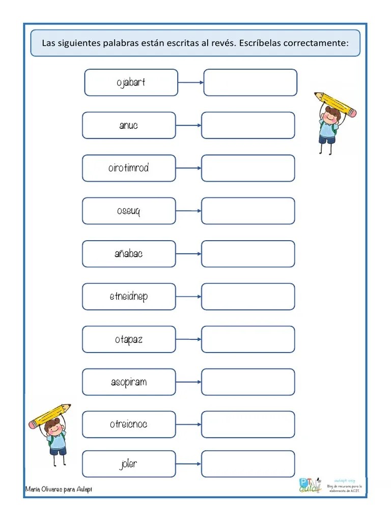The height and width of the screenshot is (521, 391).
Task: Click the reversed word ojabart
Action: tap(131, 82)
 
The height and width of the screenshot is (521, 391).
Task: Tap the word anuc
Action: tap(128, 125)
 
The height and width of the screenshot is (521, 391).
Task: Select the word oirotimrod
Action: tap(128, 168)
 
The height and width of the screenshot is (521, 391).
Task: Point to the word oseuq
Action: tap(128, 211)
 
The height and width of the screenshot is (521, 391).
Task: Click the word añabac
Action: tap(128, 253)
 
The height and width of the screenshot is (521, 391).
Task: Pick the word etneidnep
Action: tap(128, 296)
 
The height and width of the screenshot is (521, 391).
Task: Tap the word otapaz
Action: tap(128, 339)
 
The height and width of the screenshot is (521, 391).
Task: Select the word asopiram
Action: tap(128, 382)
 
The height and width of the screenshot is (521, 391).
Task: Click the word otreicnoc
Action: tap(128, 424)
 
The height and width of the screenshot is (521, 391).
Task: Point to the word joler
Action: tap(128, 464)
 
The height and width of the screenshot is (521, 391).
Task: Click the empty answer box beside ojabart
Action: tap(250, 82)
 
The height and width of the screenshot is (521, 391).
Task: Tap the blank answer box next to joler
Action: tap(248, 464)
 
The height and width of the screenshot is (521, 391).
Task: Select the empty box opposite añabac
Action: tap(248, 253)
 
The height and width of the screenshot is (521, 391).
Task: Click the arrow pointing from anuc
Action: tap(188, 126)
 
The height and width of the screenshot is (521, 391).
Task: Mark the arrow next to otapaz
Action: tap(188, 339)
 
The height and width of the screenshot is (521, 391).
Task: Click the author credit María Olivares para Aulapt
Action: tap(59, 489)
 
